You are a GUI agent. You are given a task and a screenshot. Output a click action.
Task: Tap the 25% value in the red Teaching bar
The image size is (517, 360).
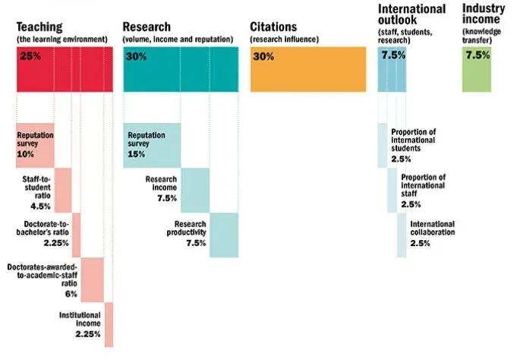pos(30,56)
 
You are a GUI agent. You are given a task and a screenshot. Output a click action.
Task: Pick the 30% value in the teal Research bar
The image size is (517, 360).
pos(137,56)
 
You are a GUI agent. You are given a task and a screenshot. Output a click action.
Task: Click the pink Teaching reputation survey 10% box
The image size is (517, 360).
pos(35,144)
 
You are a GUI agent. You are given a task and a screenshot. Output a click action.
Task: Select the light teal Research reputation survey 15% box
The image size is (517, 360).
pos(152,144)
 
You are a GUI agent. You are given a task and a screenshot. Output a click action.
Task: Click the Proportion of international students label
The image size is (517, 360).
pos(413,140)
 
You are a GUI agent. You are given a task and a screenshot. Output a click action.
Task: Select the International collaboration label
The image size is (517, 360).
pos(432,229)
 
